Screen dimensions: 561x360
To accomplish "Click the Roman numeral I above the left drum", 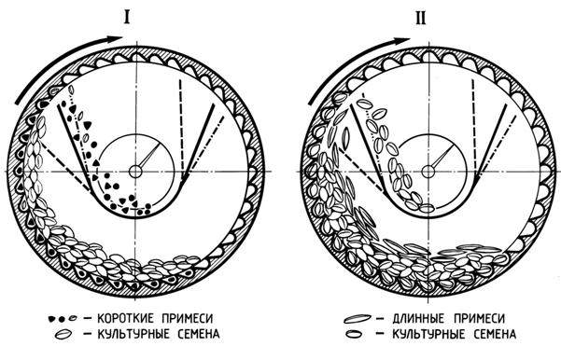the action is (127, 17).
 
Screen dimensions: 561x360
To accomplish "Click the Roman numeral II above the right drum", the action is (421, 17).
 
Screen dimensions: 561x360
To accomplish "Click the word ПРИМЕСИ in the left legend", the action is (187, 318).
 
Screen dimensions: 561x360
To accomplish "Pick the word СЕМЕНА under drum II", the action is (495, 334).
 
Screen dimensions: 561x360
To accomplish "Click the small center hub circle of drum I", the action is (135, 172).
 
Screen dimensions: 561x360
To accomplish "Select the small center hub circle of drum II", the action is (428, 172).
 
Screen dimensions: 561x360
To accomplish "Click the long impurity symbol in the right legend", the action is (357, 318).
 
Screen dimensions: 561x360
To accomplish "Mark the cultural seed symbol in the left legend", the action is (64, 334).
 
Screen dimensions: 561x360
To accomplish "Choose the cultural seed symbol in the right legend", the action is (355, 334).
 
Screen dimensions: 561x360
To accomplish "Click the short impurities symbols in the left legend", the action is (63, 318).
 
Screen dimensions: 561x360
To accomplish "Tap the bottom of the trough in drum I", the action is (136, 216).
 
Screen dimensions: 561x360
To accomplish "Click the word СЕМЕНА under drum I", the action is (199, 334).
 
